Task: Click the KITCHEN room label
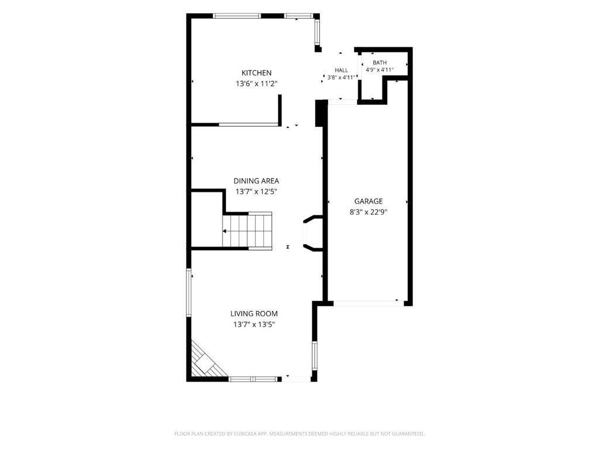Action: pos(256,73)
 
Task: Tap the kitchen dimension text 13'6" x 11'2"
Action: pos(256,84)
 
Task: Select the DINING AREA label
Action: pos(256,181)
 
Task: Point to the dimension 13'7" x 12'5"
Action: pos(256,192)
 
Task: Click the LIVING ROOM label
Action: pos(254,314)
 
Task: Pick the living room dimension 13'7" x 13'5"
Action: pos(254,325)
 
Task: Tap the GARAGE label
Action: pos(369,201)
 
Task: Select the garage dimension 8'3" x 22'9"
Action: pos(369,212)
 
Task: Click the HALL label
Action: pos(342,70)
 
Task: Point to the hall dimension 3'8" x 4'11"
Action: pos(342,77)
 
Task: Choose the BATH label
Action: pos(380,63)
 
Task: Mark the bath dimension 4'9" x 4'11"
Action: pos(380,70)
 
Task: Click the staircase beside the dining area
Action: pos(247,231)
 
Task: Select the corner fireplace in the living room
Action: pos(206,360)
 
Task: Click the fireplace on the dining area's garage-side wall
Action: pos(312,233)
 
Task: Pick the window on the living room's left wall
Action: pos(189,293)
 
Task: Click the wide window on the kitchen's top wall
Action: pos(237,16)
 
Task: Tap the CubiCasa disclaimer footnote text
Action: pos(299,434)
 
